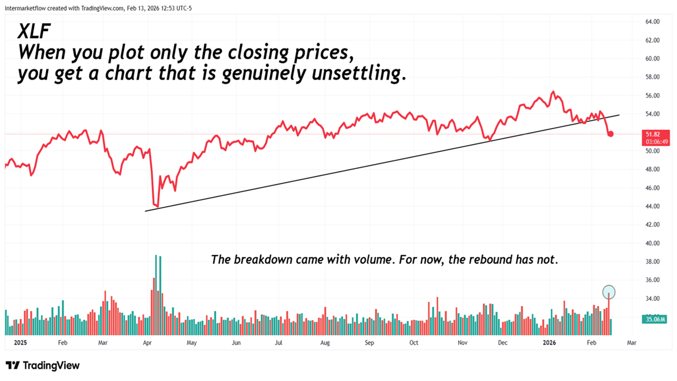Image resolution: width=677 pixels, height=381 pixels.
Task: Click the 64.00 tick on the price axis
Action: coord(652,21)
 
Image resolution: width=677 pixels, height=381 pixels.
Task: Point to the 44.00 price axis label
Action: coord(652,206)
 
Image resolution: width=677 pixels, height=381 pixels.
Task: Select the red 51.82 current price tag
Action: coord(653,134)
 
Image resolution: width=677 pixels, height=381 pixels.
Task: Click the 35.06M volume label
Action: coord(653,319)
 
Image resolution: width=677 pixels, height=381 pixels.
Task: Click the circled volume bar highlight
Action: coord(609,292)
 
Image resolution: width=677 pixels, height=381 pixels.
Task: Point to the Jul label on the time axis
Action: coord(279,342)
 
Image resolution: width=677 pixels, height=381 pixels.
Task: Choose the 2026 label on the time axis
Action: coord(549,342)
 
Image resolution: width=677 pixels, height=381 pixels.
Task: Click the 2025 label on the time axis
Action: coord(20,342)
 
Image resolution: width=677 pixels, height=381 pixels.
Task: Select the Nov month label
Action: coord(462,342)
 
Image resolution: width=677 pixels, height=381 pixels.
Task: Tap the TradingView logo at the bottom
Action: coord(43,365)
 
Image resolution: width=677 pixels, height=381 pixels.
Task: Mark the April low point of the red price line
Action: coord(157,206)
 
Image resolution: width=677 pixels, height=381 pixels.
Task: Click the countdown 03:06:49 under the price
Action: coord(653,141)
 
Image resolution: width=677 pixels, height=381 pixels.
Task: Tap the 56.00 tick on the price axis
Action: coord(652,95)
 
